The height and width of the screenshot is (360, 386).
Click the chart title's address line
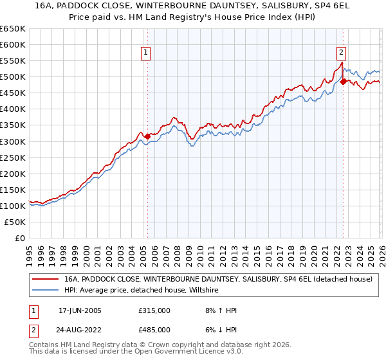(x=193, y=6)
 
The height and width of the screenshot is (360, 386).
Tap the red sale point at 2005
(x=147, y=136)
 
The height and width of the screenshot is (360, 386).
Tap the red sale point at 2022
(x=343, y=82)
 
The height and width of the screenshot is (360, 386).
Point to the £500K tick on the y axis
(x=13, y=77)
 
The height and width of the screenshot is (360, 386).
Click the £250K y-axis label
(x=13, y=157)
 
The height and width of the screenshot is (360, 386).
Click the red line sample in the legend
(x=45, y=280)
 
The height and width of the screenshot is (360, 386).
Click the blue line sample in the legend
(x=45, y=291)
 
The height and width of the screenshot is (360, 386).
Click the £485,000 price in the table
(x=154, y=329)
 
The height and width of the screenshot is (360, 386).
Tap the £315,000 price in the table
(x=154, y=310)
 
